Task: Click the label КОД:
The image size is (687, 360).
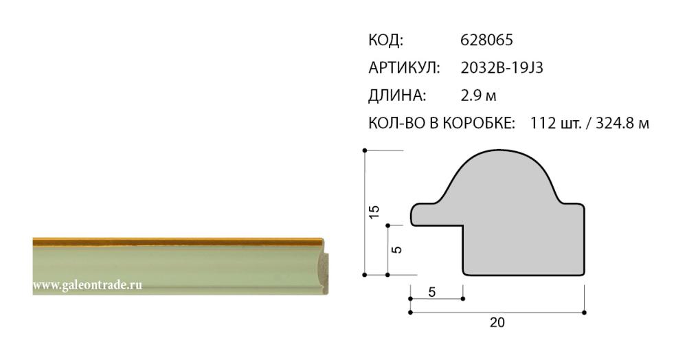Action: pos(385,41)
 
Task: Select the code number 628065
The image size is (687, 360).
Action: pos(486,41)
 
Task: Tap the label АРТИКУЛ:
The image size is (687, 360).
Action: pos(404,68)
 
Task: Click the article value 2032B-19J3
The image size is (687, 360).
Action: pos(502,68)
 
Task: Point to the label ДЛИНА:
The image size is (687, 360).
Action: pos(397,95)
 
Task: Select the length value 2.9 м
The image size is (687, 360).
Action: pos(478,95)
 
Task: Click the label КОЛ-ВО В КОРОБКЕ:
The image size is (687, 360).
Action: pos(442,123)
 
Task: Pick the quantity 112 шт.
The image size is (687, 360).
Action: pos(556,123)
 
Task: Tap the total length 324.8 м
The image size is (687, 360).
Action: pos(622,123)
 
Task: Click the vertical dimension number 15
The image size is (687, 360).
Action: pos(374,212)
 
